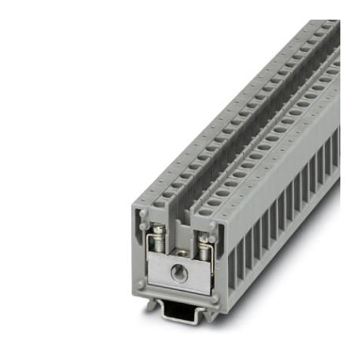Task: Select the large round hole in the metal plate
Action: [x=181, y=271]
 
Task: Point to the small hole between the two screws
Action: [x=182, y=253]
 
